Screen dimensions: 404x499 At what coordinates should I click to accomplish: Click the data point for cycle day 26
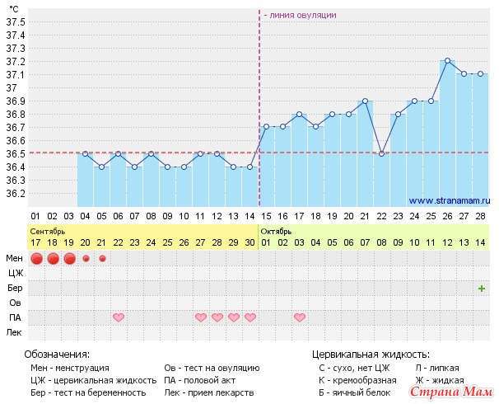click(x=447, y=61)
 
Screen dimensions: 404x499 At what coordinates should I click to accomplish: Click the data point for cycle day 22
click(x=381, y=153)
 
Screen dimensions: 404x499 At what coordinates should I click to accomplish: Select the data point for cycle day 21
click(x=365, y=101)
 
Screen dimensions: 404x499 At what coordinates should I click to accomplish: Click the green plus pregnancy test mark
click(x=481, y=288)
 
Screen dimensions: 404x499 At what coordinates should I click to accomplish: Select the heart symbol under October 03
click(x=299, y=317)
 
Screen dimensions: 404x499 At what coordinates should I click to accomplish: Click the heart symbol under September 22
click(x=119, y=317)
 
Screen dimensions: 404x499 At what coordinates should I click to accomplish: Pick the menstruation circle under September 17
click(x=36, y=259)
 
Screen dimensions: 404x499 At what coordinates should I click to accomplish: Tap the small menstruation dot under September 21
click(x=102, y=259)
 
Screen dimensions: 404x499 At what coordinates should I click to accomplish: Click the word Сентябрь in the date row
click(x=49, y=232)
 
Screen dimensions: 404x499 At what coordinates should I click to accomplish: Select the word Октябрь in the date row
click(x=276, y=232)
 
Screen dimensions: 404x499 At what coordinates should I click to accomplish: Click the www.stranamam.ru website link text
click(x=449, y=200)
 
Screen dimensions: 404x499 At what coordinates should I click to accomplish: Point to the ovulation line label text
click(x=300, y=15)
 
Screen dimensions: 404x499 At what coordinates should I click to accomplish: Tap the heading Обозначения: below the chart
click(x=57, y=353)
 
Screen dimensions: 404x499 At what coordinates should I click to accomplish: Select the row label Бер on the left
click(x=15, y=288)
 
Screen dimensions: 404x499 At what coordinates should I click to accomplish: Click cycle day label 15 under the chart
click(x=266, y=216)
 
